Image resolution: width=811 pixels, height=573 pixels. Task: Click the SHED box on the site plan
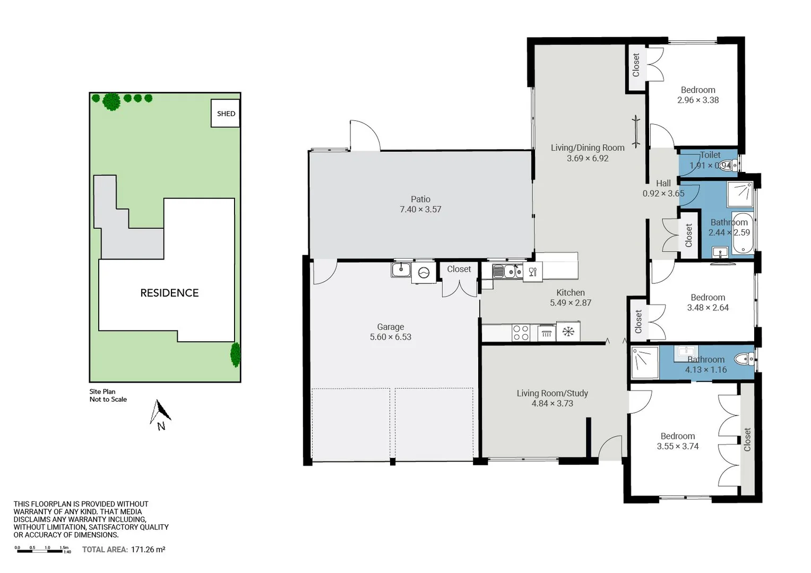[226, 113]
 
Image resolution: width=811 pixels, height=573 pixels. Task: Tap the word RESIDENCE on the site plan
[169, 293]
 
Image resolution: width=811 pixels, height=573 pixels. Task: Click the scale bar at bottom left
[42, 551]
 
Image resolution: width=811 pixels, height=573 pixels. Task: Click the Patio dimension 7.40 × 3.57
[420, 210]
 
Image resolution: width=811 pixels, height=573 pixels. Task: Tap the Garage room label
[391, 327]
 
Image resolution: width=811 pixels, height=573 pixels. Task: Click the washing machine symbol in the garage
[424, 273]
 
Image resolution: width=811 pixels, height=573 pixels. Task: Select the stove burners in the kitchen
[521, 333]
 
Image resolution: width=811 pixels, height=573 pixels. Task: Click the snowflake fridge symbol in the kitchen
[568, 332]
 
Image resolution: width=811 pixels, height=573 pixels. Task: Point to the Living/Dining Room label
[588, 148]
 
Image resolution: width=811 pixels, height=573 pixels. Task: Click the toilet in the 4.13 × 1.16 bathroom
[746, 360]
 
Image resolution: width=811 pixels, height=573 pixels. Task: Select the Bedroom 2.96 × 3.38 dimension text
[698, 100]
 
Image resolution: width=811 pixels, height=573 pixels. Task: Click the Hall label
[663, 184]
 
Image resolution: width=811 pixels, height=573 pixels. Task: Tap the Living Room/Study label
[552, 393]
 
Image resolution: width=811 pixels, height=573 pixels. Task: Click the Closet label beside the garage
[459, 269]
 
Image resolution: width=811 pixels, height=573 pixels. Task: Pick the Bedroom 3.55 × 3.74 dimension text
[678, 447]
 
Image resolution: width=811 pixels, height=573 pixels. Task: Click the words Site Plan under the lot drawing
[102, 392]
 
